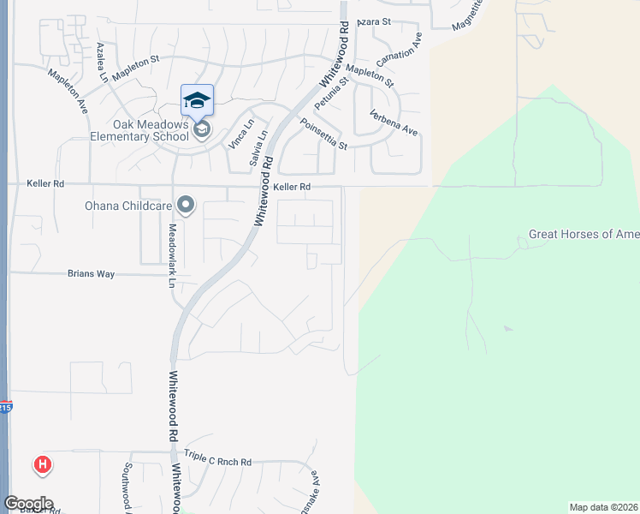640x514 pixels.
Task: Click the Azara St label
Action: tap(374, 21)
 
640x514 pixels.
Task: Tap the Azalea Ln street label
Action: tap(103, 63)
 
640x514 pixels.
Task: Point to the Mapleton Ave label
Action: tap(68, 92)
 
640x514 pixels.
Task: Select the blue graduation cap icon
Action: tap(197, 100)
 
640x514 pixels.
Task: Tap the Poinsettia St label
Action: tap(323, 134)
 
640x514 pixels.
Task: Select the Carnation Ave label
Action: tap(400, 53)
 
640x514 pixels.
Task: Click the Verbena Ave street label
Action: tap(393, 123)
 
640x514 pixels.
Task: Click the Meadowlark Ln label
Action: tap(172, 255)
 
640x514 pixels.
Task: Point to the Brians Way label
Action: tap(91, 274)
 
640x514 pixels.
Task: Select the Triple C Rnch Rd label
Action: tap(218, 462)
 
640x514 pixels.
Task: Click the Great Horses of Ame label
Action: tap(584, 234)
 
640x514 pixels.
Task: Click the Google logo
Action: tap(28, 504)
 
